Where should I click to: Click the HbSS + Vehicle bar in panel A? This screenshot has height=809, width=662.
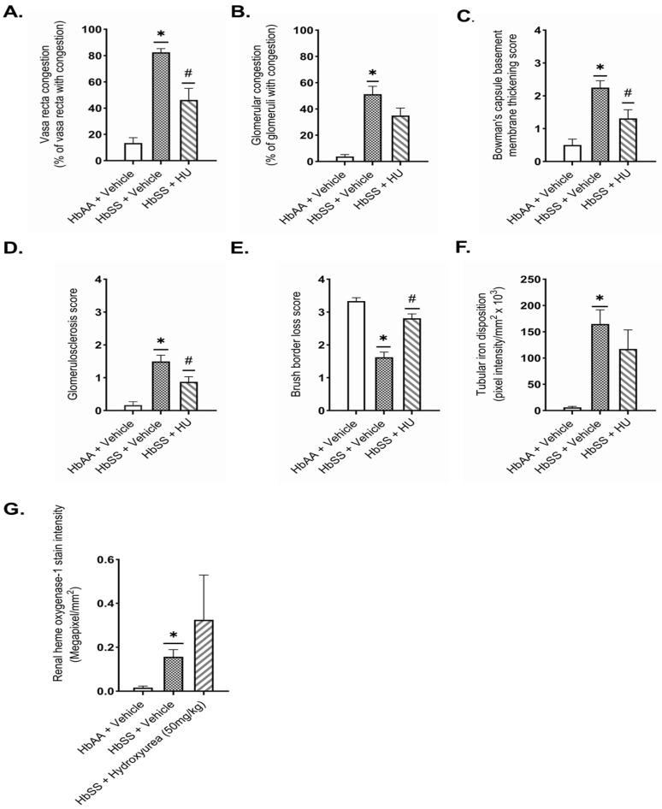coord(161,107)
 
